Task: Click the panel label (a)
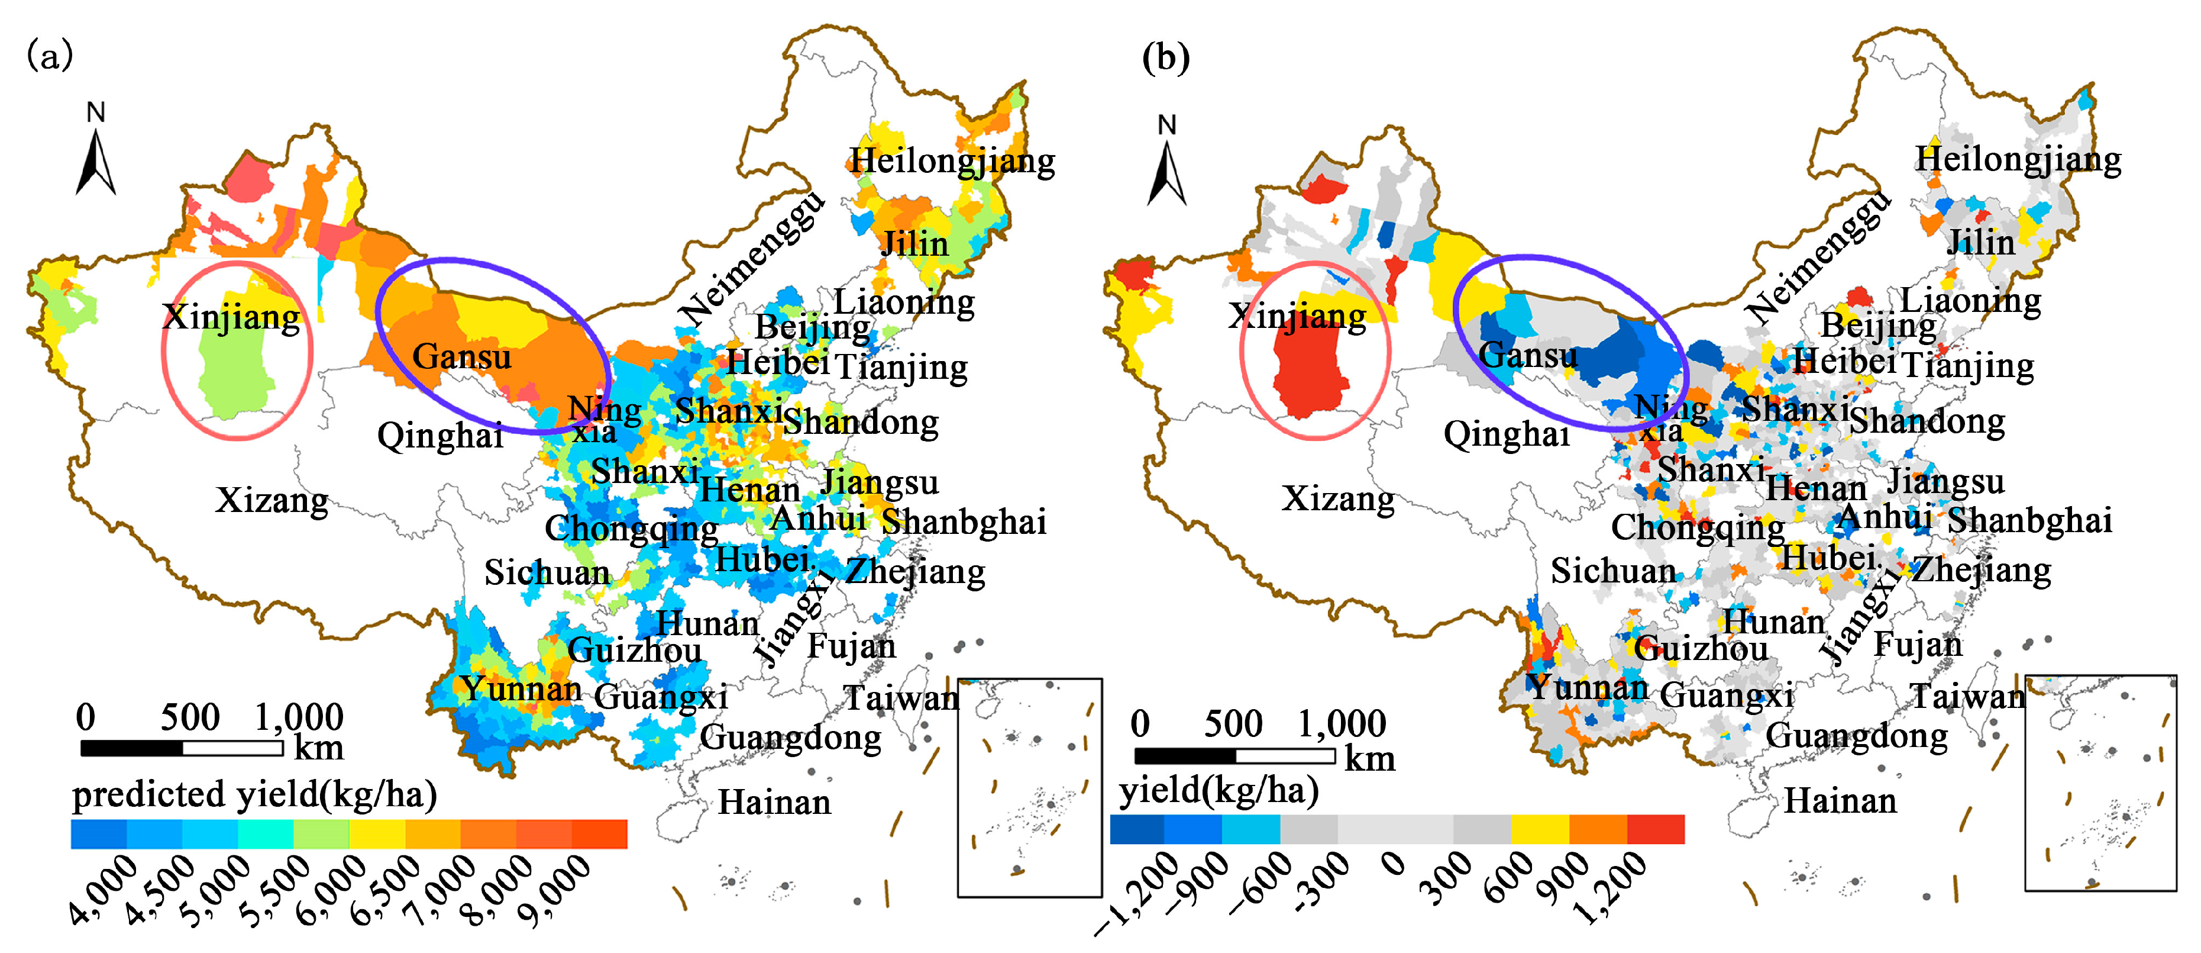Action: click(50, 56)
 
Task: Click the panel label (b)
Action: click(1165, 58)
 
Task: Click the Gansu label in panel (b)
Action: click(1528, 355)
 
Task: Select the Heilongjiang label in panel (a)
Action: click(952, 160)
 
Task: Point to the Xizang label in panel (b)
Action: click(1338, 498)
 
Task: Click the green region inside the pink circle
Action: click(235, 376)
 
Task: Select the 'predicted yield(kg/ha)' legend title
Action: click(254, 795)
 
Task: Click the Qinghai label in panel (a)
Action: click(440, 436)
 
